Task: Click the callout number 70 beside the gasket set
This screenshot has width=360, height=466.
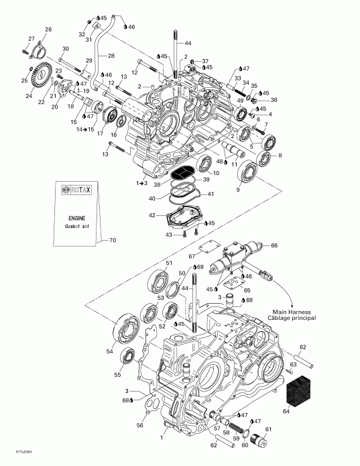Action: [x=112, y=239]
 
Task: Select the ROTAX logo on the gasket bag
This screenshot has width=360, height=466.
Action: [x=74, y=190]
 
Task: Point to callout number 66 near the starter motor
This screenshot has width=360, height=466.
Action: [x=273, y=246]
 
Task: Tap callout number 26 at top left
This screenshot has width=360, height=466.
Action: [x=48, y=30]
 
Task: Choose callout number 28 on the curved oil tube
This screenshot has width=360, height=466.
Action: [x=111, y=56]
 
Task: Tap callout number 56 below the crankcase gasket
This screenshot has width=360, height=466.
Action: [x=139, y=425]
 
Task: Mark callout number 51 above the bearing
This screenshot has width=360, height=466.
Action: [x=169, y=262]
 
